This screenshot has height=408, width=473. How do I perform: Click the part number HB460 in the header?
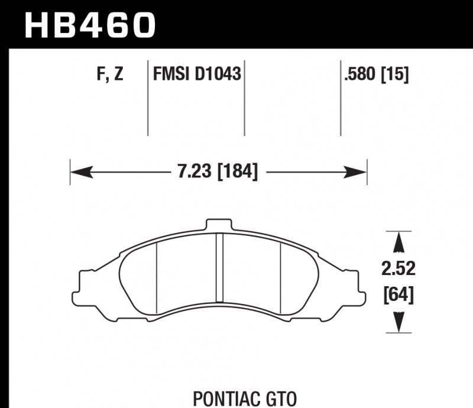coord(89,25)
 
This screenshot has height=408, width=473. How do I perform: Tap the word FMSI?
coord(171,75)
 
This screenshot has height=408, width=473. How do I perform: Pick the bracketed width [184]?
coord(238,173)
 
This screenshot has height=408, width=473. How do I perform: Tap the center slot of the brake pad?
coord(218,266)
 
